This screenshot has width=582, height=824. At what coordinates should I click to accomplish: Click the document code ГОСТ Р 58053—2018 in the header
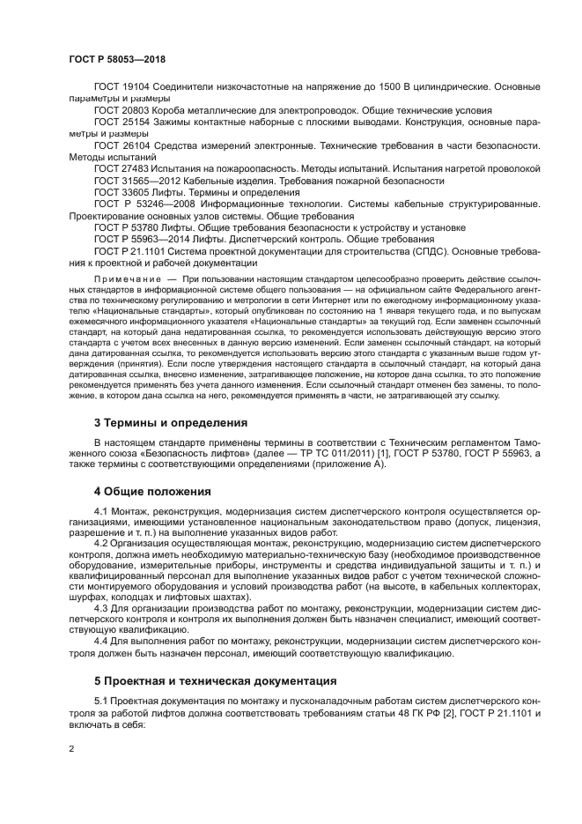coord(116,58)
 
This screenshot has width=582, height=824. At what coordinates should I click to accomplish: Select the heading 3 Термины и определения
coord(170,422)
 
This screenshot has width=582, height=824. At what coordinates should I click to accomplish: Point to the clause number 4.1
coord(101,511)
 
